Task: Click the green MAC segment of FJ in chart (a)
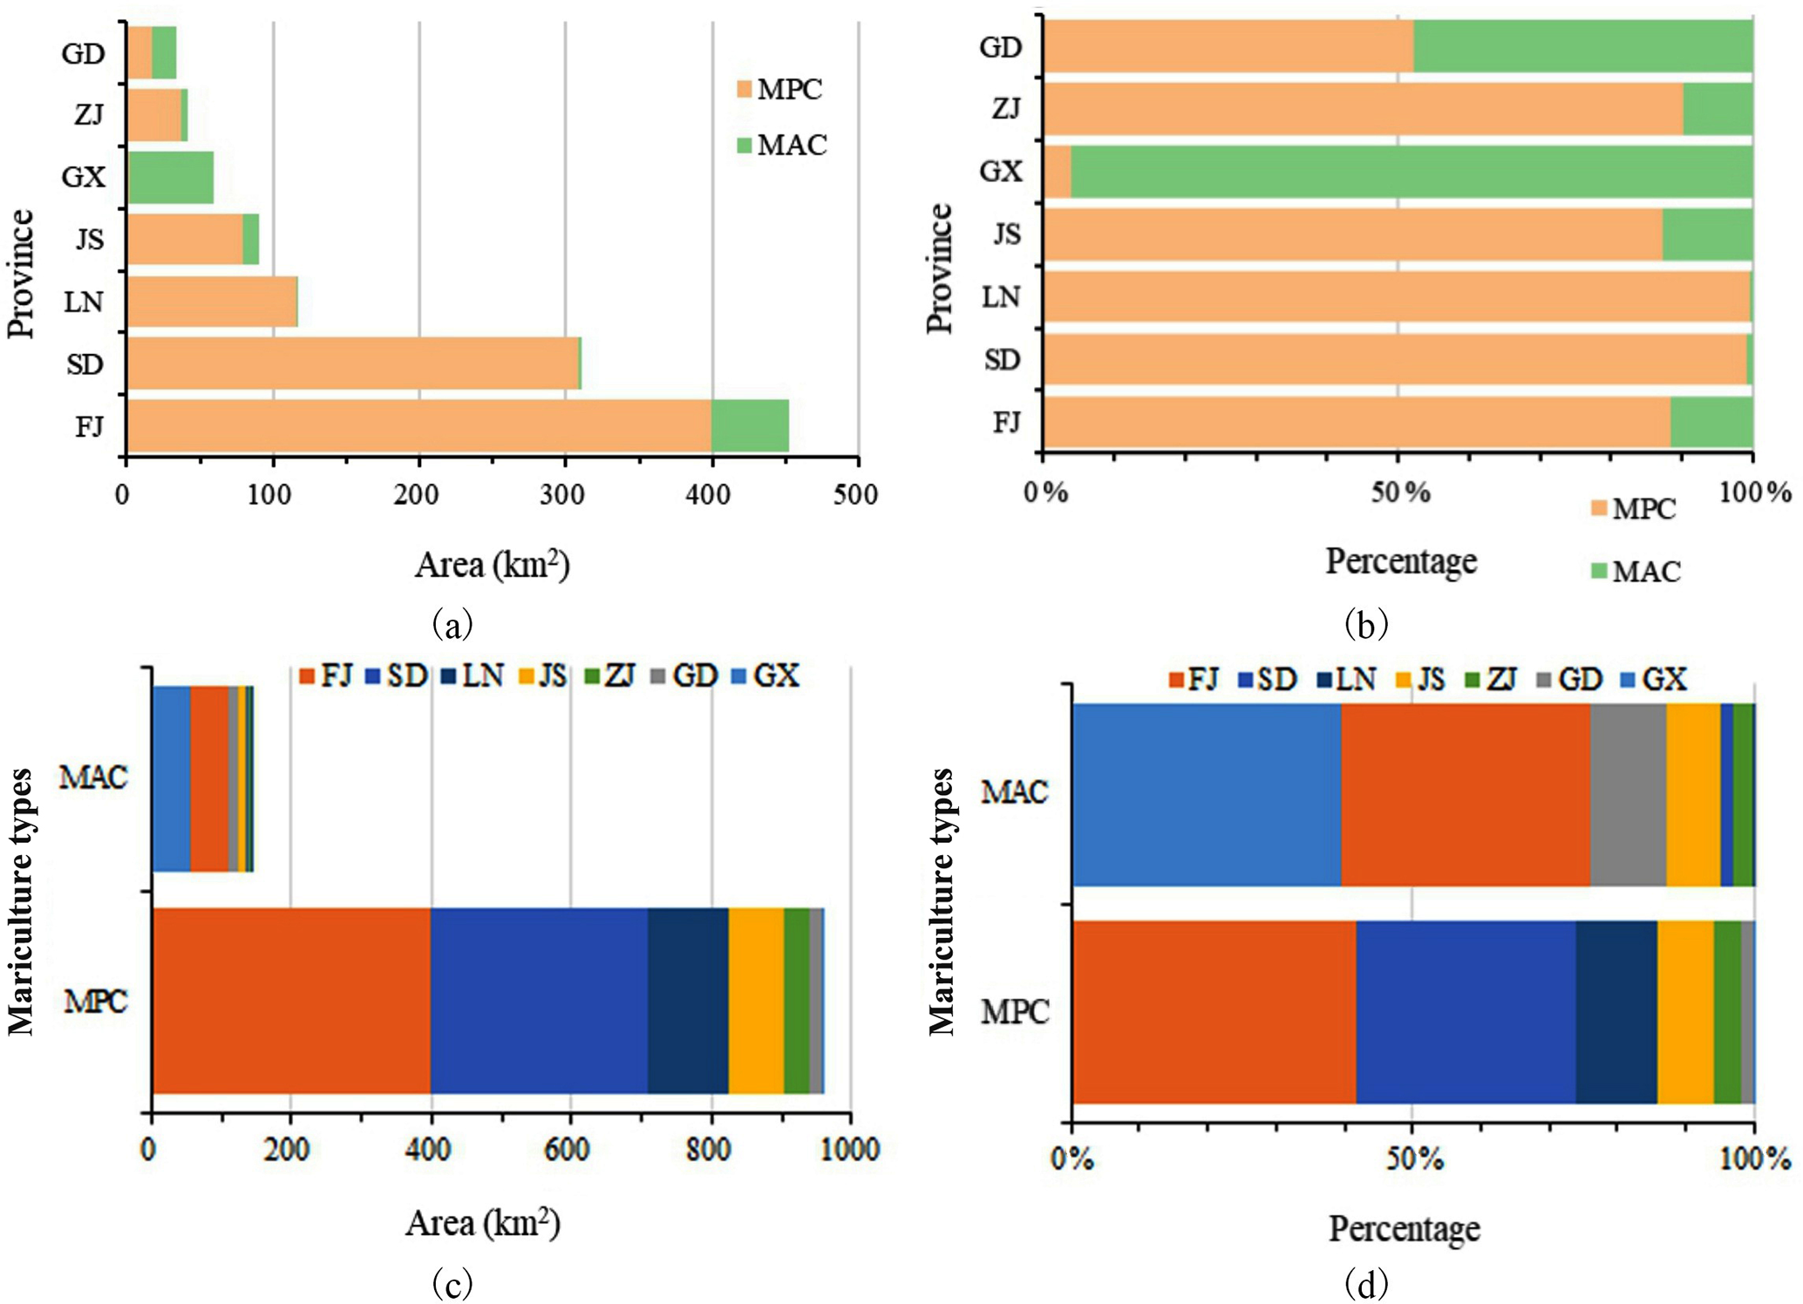point(750,426)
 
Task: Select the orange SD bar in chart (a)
point(353,363)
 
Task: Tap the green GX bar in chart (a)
point(172,177)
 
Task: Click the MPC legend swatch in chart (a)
point(744,90)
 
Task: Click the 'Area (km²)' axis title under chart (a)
point(492,565)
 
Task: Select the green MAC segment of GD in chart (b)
point(1582,46)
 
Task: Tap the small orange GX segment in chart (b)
point(1057,172)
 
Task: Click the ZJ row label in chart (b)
point(1006,109)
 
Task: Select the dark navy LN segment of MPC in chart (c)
point(688,1000)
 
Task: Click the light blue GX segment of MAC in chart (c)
point(171,778)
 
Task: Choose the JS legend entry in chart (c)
point(542,676)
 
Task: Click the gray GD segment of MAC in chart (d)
point(1628,794)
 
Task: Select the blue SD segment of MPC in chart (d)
point(1466,1012)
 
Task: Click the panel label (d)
point(1365,1283)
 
